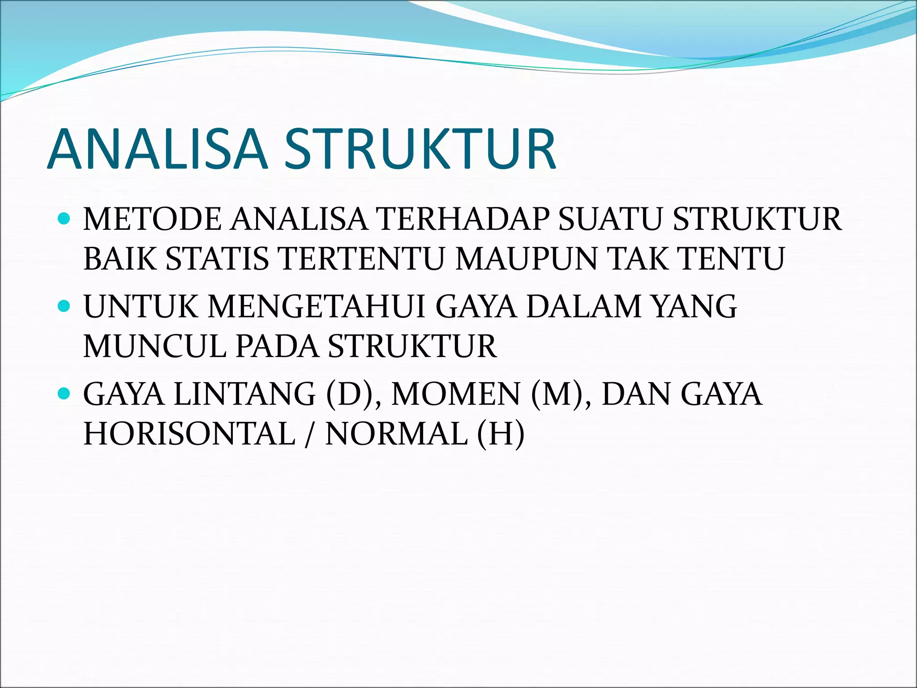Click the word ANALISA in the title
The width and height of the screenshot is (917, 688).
(157, 149)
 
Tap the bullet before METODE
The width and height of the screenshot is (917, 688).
(64, 219)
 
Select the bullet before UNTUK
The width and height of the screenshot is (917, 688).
(64, 306)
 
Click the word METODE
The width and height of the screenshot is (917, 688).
(152, 219)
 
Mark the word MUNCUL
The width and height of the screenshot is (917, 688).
(155, 346)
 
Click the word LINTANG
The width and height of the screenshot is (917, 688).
(244, 394)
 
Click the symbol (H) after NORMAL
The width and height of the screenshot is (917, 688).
(501, 434)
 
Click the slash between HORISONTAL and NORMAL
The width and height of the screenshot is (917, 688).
(309, 434)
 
